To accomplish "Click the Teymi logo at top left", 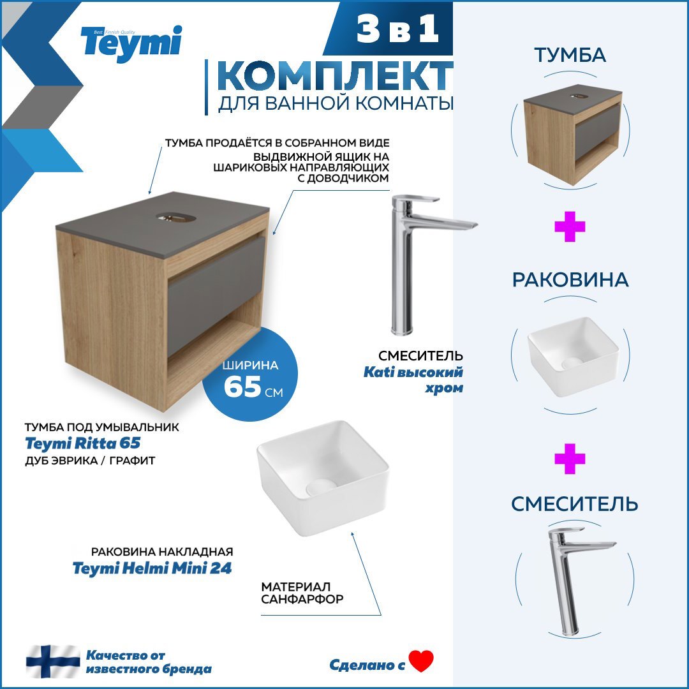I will click(131, 43).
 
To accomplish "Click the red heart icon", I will click(421, 662).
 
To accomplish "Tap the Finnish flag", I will click(53, 662).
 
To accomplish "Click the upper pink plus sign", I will click(570, 228).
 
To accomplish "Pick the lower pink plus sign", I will click(570, 459).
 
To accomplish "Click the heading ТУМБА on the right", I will click(570, 56).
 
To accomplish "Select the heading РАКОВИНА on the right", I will click(570, 280).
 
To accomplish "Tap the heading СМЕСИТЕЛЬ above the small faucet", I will click(574, 504).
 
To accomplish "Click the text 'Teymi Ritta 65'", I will click(82, 443).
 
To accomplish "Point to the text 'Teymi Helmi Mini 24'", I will click(152, 568).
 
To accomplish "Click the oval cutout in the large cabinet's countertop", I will click(176, 218).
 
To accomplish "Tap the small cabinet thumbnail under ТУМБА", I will click(572, 135).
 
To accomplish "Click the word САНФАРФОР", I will click(302, 600).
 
